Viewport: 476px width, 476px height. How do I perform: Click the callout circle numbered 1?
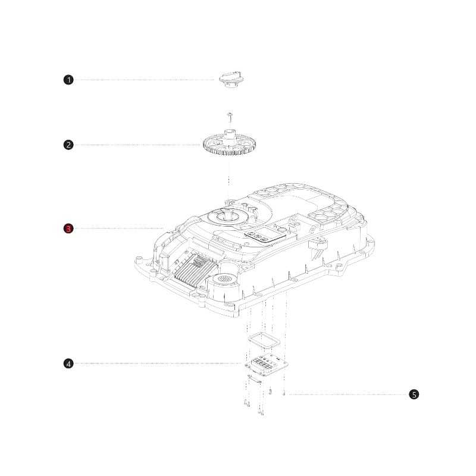click(x=68, y=80)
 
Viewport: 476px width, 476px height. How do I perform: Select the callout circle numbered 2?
click(x=68, y=145)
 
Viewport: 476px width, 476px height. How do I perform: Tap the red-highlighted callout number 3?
click(x=68, y=228)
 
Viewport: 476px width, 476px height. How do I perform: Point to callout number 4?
click(x=68, y=364)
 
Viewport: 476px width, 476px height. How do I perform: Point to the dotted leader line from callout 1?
click(x=143, y=80)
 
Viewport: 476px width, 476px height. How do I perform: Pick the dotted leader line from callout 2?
click(x=137, y=145)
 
